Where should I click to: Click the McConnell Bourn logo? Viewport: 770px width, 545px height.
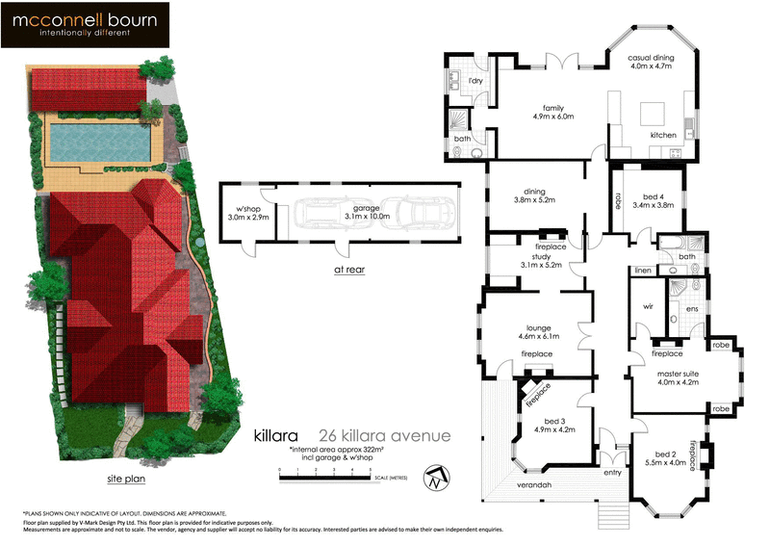tap(86, 25)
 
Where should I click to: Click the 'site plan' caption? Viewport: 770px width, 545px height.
tap(127, 478)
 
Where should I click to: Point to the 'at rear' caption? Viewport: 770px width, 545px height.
tap(350, 271)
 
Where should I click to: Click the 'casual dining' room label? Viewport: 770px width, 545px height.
tap(652, 63)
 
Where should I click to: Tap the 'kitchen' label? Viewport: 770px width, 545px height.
tap(664, 135)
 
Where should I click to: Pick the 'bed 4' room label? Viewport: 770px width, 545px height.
tap(653, 199)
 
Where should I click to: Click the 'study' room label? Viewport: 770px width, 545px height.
tap(535, 259)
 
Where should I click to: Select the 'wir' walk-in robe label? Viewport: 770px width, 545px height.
tap(648, 308)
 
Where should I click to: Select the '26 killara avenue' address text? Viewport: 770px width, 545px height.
tap(382, 435)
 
